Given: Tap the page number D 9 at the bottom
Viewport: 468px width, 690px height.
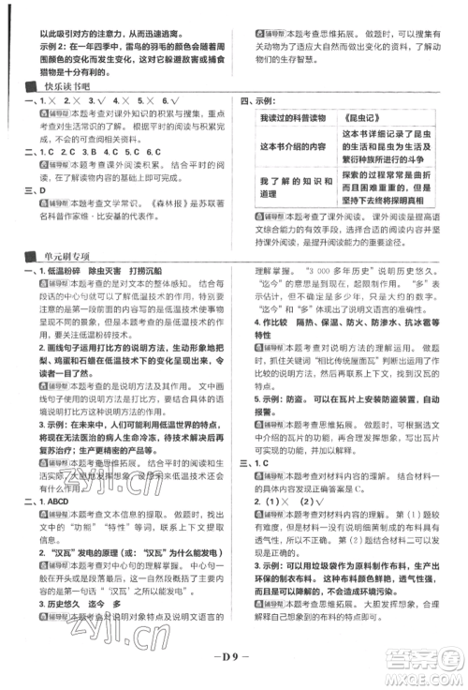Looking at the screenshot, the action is coord(231,672).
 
